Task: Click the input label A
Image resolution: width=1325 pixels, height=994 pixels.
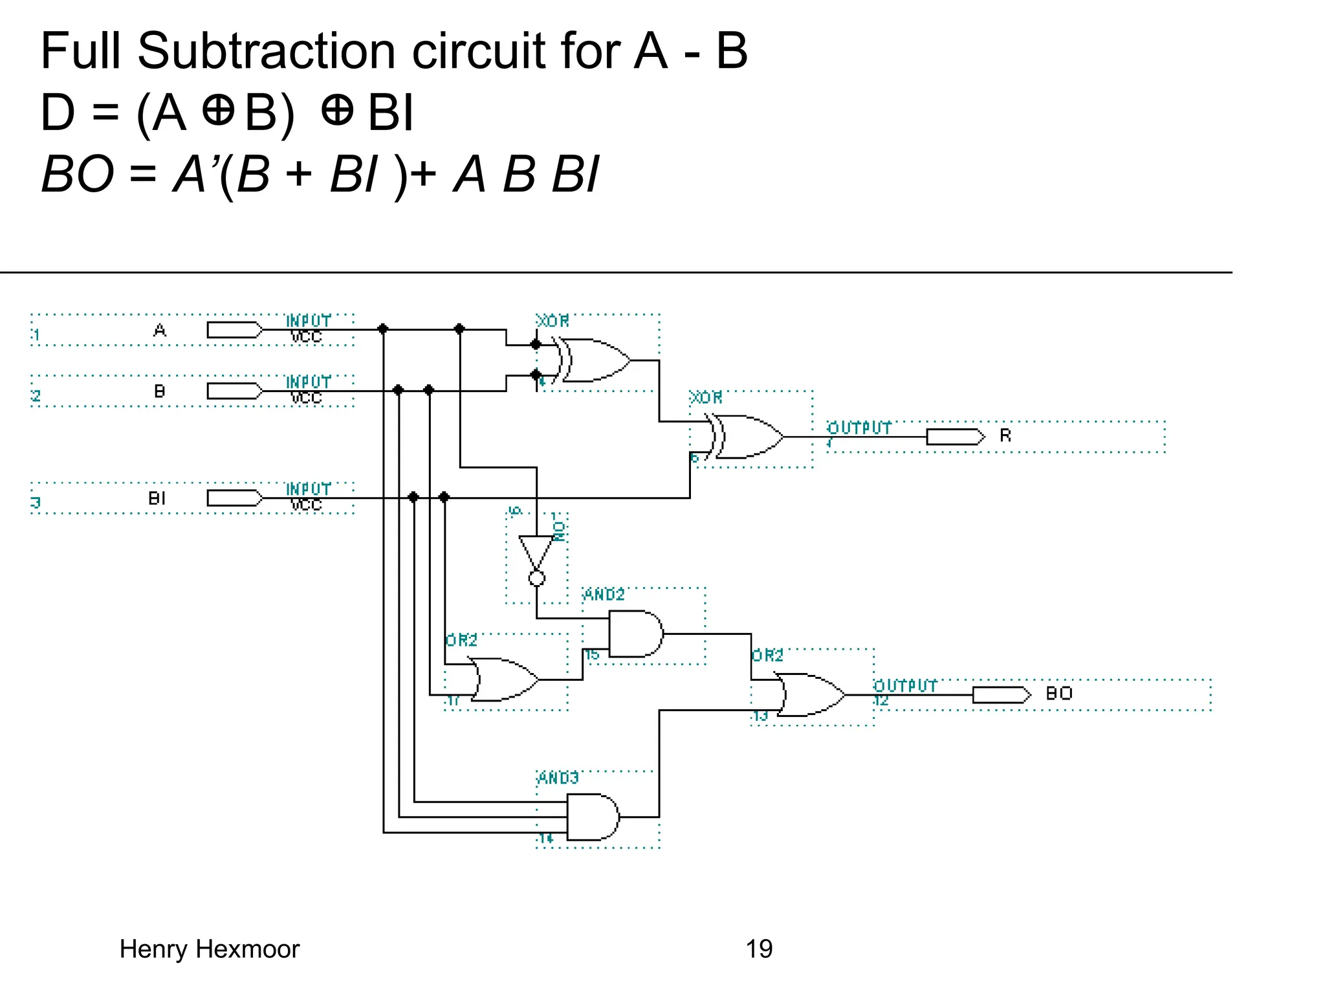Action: point(160,331)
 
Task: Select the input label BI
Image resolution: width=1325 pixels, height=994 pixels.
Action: point(157,498)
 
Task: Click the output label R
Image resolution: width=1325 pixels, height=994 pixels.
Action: point(1005,436)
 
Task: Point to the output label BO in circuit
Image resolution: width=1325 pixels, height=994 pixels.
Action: point(1059,694)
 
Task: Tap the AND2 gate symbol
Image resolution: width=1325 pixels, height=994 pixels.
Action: point(635,634)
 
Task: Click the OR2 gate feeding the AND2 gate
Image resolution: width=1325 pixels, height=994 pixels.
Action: point(505,679)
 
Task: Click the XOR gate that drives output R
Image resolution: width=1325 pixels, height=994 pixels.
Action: point(747,437)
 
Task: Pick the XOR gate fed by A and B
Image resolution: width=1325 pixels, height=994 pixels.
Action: point(595,360)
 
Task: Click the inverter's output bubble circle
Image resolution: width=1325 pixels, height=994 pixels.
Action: point(537,579)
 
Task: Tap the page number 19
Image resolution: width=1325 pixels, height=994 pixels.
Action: point(759,949)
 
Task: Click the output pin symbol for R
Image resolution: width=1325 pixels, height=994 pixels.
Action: point(955,437)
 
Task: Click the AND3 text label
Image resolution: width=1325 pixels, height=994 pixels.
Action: point(558,777)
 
